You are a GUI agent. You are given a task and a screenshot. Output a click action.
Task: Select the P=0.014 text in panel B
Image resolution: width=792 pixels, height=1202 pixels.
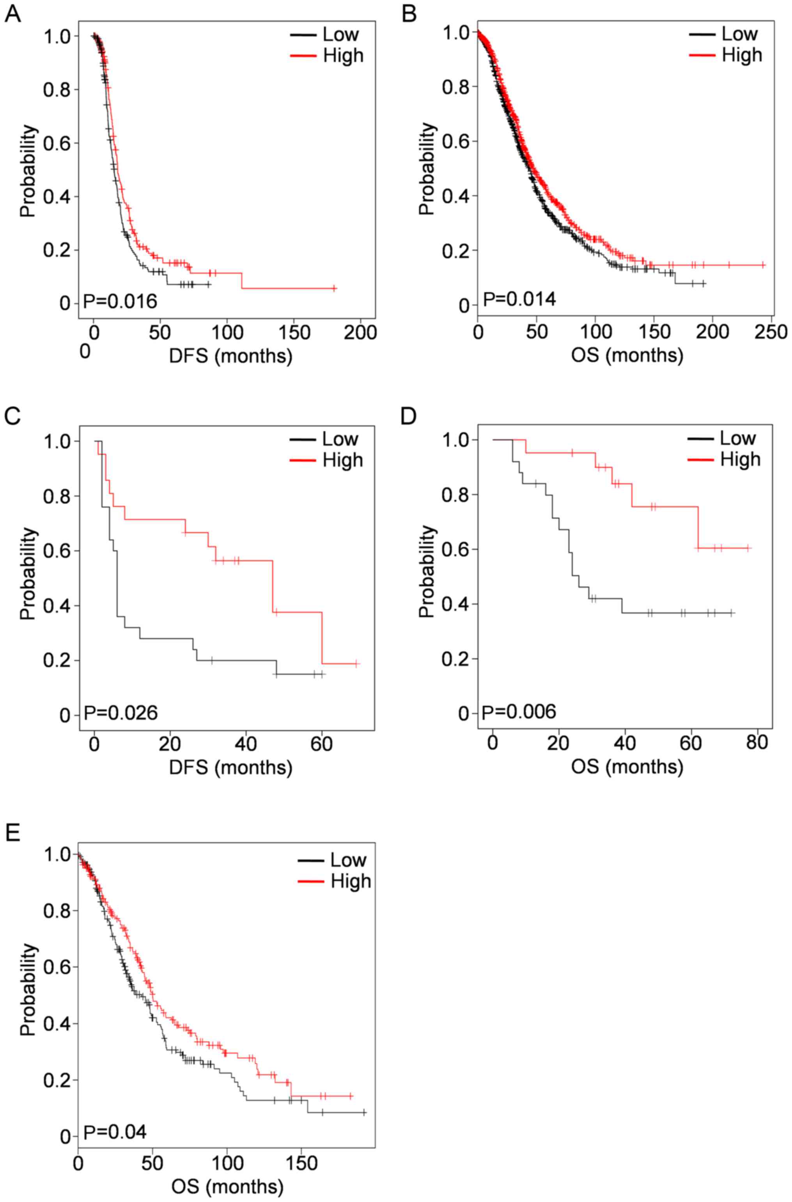tap(519, 299)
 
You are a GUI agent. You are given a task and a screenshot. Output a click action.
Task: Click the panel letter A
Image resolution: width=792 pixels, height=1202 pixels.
tap(12, 15)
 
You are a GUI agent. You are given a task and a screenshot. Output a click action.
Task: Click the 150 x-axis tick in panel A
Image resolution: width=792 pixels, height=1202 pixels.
tap(294, 332)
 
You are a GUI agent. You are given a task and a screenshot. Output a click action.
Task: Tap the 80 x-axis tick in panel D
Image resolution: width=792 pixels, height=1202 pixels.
tap(756, 742)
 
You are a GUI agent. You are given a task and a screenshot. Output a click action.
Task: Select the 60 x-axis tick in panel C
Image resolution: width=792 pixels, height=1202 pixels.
tap(322, 744)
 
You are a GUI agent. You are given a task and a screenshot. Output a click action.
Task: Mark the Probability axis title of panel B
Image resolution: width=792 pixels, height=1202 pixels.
tap(427, 169)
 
